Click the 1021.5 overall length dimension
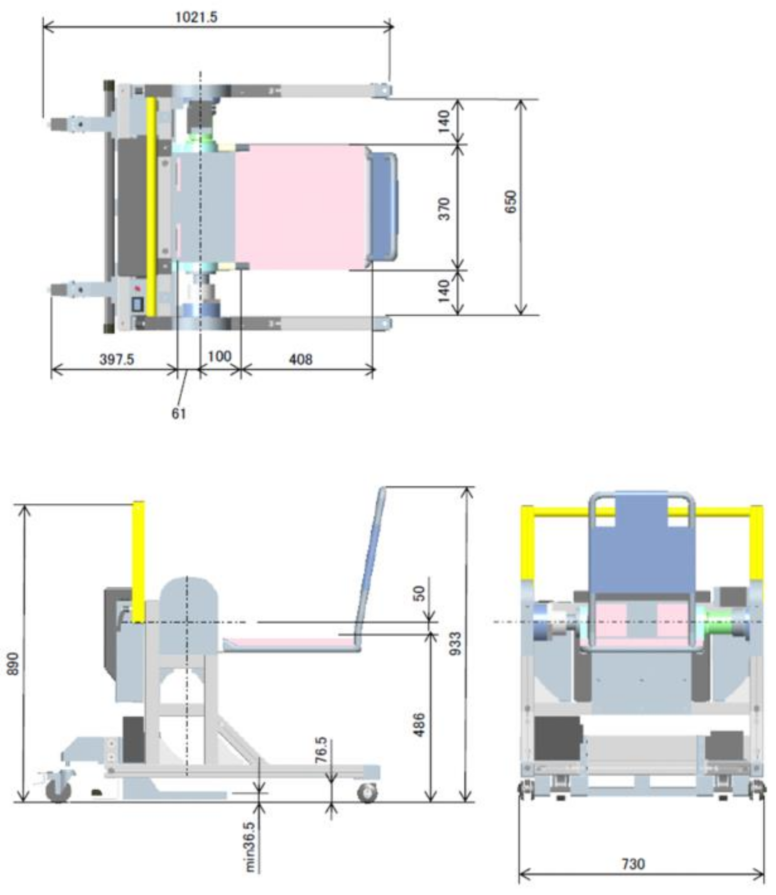pos(196,18)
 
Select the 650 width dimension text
pos(511,202)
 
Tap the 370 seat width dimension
pos(444,209)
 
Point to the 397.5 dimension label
pos(117,359)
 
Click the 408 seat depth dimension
pos(300,359)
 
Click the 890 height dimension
pos(13,663)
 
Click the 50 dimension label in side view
pos(419,593)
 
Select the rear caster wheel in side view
pos(58,791)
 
